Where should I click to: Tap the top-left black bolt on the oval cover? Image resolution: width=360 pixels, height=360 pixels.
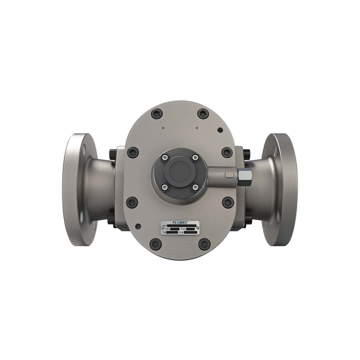[157, 114]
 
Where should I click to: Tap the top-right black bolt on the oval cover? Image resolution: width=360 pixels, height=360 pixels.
[203, 114]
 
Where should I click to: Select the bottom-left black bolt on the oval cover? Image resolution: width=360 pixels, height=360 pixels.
[156, 244]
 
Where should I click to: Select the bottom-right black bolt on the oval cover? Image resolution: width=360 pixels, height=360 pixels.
[204, 244]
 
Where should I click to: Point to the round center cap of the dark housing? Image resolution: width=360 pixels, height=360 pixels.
[179, 173]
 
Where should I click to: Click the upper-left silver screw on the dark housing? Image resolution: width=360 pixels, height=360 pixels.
[165, 157]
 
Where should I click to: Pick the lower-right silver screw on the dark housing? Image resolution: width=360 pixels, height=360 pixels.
[195, 188]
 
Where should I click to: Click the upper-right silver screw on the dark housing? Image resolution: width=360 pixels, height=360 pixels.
[195, 157]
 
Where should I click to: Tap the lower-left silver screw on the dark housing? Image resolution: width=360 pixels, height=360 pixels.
[165, 188]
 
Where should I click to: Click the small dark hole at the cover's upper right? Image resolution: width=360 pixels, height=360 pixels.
[220, 130]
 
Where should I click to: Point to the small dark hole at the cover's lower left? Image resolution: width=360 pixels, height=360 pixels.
[138, 225]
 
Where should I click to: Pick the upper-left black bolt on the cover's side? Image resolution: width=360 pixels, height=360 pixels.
[133, 152]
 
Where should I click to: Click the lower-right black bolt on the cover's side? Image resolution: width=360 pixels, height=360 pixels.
[228, 202]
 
